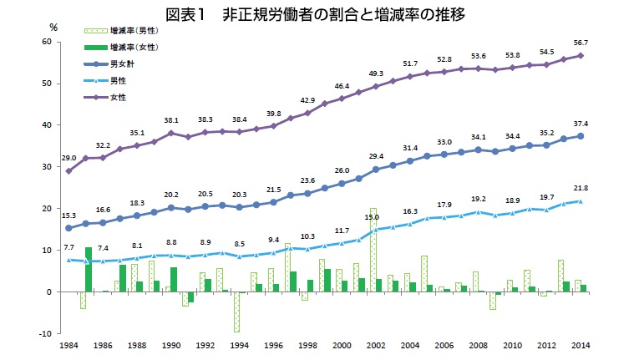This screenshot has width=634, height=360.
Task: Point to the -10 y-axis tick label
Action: point(47,333)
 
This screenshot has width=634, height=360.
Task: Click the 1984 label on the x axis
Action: point(69,344)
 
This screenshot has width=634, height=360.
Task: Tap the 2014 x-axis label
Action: point(581,344)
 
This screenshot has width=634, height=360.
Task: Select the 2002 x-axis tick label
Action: point(375,344)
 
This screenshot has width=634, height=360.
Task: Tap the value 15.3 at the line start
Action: point(68,215)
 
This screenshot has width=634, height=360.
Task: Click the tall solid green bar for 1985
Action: point(89,269)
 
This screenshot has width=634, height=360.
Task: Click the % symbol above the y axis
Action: point(53,28)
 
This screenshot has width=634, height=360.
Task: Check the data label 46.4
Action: point(342,86)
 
